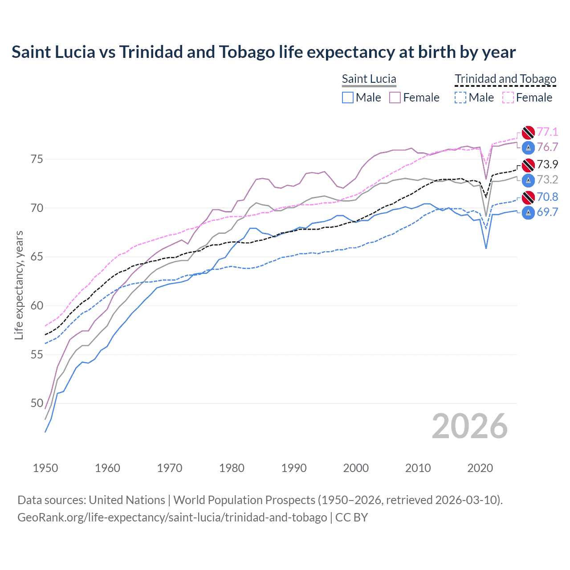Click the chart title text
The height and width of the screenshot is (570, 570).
(x=263, y=52)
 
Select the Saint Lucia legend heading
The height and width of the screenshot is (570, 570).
(x=369, y=79)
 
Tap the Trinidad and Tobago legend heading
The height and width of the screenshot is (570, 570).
(x=505, y=79)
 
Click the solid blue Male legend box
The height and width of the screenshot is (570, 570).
(x=348, y=98)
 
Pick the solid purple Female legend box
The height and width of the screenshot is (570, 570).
(x=395, y=98)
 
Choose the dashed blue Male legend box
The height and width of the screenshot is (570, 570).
(x=460, y=98)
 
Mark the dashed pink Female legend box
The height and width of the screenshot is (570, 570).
(x=508, y=98)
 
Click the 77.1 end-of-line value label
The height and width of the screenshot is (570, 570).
(x=547, y=132)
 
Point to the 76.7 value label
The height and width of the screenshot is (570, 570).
(x=547, y=147)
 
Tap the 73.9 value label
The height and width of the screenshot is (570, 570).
(x=547, y=165)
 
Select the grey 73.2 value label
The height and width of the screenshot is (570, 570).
(x=547, y=180)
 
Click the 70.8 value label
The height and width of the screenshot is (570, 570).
(x=547, y=197)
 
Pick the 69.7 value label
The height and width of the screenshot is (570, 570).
(x=547, y=212)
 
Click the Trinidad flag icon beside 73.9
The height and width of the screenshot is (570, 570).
(x=528, y=165)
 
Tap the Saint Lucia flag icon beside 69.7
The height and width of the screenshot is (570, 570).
(x=528, y=213)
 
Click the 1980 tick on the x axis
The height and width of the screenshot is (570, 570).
(x=232, y=468)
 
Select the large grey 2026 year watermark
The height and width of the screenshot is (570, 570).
(x=469, y=426)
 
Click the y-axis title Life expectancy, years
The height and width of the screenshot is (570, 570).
(x=19, y=285)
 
